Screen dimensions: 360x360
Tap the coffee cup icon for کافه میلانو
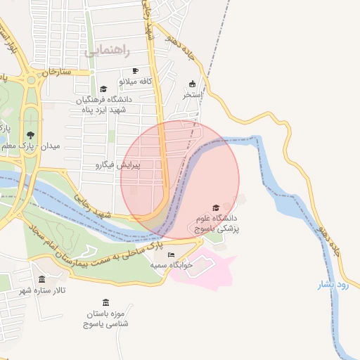(x=136, y=71)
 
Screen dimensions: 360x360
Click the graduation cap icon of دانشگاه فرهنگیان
(x=104, y=89)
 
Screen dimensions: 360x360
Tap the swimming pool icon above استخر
(x=193, y=84)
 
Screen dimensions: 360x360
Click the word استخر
(x=193, y=94)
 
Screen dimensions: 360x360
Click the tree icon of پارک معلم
(x=30, y=135)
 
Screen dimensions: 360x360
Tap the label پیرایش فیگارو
(x=118, y=165)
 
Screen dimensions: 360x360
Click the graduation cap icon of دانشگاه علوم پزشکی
(x=216, y=207)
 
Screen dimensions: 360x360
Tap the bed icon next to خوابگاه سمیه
(x=171, y=255)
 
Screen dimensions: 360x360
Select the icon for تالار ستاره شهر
(x=41, y=279)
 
